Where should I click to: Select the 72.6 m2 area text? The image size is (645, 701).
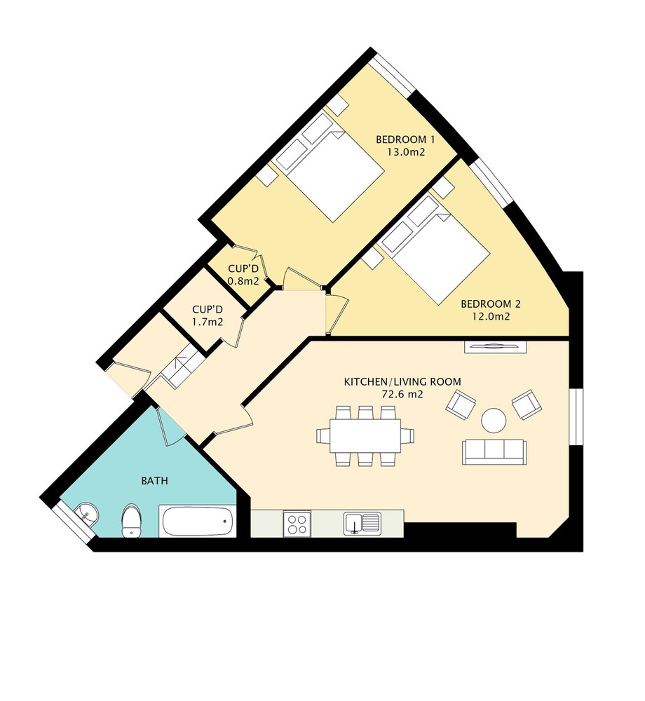click(x=402, y=394)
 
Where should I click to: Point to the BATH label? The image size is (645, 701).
click(x=155, y=481)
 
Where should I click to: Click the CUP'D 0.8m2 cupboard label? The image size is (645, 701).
click(x=243, y=275)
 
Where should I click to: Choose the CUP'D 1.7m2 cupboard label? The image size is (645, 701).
click(x=208, y=315)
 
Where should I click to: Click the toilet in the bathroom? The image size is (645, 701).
click(x=131, y=520)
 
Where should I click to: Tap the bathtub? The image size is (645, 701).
click(x=198, y=522)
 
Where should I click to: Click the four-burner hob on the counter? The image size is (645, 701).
click(x=297, y=524)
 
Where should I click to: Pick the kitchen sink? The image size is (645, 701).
click(x=362, y=524)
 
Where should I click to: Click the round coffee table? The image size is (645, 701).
click(x=494, y=420)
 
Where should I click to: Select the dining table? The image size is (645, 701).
click(x=365, y=435)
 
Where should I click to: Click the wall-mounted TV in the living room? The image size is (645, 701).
click(x=495, y=346)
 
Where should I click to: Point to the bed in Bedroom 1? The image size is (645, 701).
click(x=330, y=167)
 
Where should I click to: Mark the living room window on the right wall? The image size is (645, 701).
click(x=576, y=416)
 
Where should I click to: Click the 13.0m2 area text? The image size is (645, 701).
click(x=406, y=152)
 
